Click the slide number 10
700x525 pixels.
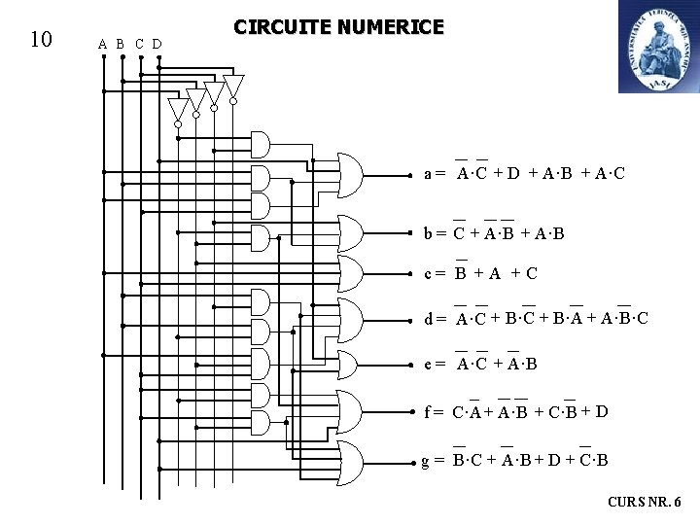point(40,40)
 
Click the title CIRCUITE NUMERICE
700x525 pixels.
point(338,27)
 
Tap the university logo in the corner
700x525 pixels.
point(658,47)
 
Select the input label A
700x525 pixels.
point(103,44)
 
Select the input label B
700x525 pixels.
point(121,44)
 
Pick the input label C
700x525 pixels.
point(139,44)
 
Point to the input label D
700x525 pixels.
point(157,44)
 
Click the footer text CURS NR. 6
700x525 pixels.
point(645,502)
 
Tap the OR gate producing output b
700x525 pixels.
point(349,232)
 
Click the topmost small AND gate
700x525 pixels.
point(261,145)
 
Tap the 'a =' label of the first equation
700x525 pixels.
point(435,174)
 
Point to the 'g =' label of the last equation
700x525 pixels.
point(434,460)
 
